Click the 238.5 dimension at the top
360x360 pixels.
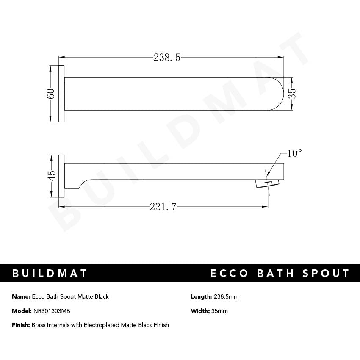(167, 58)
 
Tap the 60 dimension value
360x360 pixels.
(51, 94)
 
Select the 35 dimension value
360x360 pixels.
(292, 94)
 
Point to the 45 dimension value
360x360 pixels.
(51, 175)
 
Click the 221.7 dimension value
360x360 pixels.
(163, 207)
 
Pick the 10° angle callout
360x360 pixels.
(295, 153)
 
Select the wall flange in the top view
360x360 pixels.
(61, 94)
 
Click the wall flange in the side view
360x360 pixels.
(61, 175)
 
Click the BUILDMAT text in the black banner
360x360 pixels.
(50, 273)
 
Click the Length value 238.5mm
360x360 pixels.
(226, 296)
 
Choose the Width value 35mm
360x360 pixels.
(220, 311)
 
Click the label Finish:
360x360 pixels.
(21, 325)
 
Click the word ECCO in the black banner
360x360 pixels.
(229, 273)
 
